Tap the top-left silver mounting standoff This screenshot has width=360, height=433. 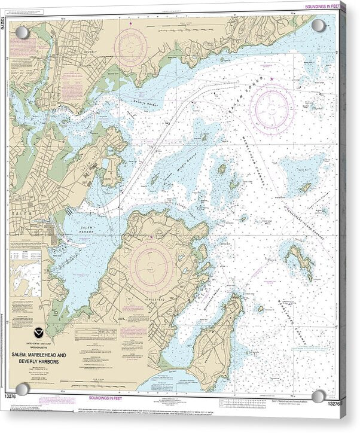(22, 32)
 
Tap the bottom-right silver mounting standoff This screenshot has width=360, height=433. (319, 396)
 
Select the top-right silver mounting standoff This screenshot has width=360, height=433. (318, 25)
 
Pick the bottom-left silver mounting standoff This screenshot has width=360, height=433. (22, 390)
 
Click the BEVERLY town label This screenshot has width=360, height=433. (90, 52)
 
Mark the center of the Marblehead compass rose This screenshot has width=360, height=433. (152, 263)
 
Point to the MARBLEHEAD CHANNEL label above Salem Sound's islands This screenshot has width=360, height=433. (254, 144)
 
